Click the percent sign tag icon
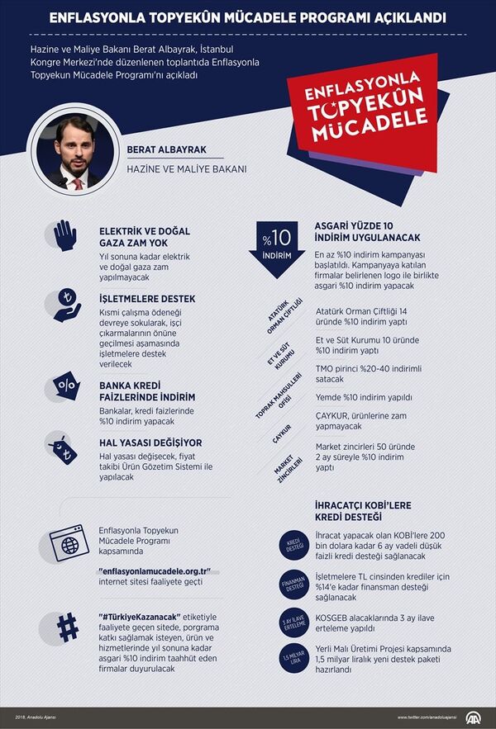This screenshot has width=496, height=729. pyautogui.click(x=64, y=386)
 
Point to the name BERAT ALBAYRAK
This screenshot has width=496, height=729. pyautogui.click(x=166, y=150)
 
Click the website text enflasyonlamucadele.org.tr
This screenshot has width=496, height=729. pyautogui.click(x=154, y=571)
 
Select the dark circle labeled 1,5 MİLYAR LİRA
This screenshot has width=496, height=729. pyautogui.click(x=293, y=660)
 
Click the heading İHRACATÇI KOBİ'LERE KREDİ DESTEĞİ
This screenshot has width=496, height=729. pyautogui.click(x=363, y=510)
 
